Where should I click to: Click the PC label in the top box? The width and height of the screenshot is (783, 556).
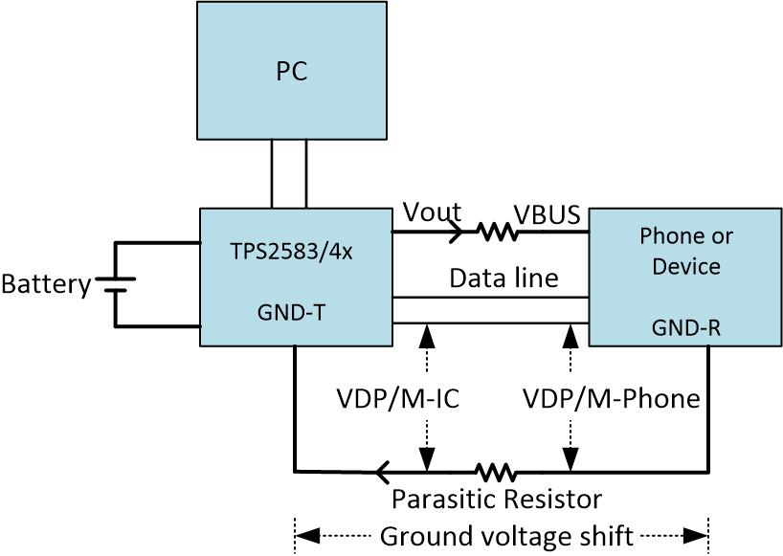(x=291, y=72)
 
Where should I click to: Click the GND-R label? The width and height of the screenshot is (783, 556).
(x=685, y=328)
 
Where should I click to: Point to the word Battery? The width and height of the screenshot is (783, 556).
(x=45, y=284)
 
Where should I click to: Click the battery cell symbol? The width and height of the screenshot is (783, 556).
(x=116, y=284)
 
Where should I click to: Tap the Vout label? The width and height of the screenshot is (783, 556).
(x=432, y=211)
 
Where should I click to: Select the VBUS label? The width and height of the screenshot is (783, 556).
(x=548, y=214)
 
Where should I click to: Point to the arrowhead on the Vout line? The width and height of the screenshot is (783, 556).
(x=457, y=231)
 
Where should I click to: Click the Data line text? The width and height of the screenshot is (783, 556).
(x=503, y=278)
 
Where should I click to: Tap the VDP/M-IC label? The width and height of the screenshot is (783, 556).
(x=398, y=398)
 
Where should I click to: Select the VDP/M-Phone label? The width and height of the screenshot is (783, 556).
(x=611, y=398)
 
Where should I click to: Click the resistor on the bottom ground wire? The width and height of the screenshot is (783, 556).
(x=496, y=471)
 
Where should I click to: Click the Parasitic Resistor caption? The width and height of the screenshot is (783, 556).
(x=497, y=500)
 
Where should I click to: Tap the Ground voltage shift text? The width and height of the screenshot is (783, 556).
(x=506, y=536)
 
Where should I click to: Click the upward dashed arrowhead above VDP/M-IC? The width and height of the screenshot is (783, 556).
(x=426, y=335)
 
